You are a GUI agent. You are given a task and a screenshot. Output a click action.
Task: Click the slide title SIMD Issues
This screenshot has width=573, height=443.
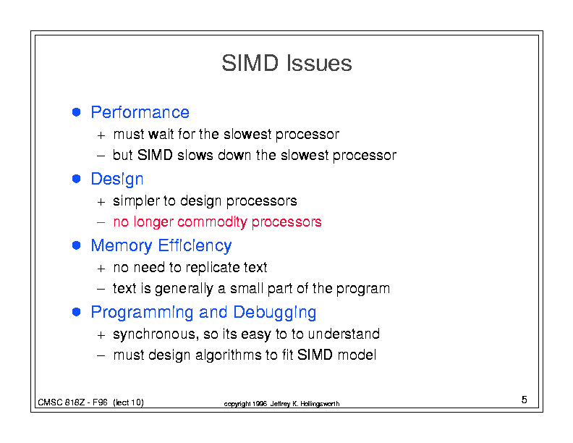click(286, 63)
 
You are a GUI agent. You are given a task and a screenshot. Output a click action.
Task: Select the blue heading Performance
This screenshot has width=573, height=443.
click(140, 112)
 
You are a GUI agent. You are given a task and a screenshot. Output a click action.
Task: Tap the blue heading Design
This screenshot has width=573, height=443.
click(117, 180)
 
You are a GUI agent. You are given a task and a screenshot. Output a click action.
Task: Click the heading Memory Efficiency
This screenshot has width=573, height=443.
click(161, 246)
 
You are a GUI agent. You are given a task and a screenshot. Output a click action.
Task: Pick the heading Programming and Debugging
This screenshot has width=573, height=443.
click(203, 313)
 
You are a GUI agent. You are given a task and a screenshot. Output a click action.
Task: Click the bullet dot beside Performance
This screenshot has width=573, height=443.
click(77, 112)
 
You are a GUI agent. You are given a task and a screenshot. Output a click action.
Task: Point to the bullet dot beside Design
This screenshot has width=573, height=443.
click(77, 179)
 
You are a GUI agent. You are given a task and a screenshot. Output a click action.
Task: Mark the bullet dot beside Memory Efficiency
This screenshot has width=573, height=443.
click(77, 245)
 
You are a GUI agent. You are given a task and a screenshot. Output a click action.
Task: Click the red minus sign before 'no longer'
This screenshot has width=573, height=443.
click(101, 222)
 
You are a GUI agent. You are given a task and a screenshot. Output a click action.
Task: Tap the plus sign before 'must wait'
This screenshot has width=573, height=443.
click(101, 135)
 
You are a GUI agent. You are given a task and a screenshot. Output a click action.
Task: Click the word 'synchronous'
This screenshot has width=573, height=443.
click(154, 334)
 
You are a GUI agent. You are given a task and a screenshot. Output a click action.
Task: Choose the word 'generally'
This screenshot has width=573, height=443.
click(184, 289)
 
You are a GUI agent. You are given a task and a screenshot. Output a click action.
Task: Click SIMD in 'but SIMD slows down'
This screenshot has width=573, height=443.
click(155, 156)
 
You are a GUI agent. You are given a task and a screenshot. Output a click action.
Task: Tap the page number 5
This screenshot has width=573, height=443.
click(524, 400)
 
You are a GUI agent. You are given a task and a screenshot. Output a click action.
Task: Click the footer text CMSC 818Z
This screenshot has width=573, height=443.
click(61, 402)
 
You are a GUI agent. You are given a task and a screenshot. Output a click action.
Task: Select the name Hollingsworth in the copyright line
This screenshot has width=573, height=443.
click(320, 404)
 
